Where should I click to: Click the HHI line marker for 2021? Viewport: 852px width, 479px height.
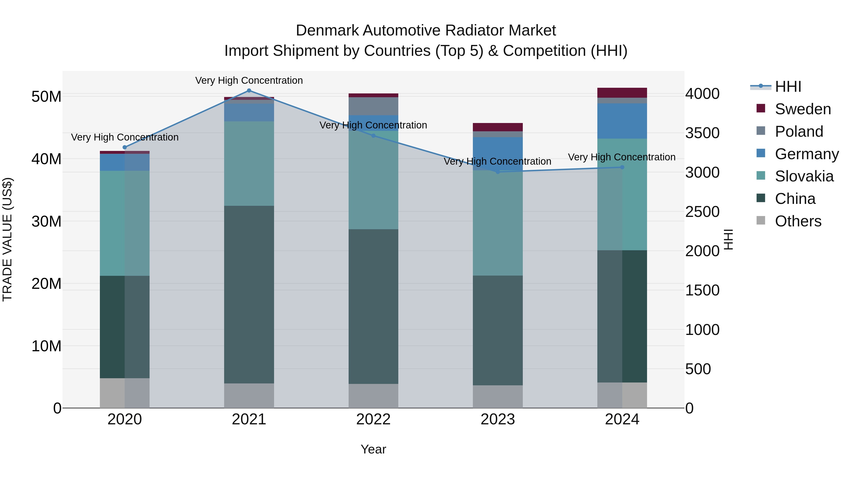point(249,91)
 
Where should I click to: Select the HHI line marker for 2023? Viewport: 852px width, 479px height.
point(498,171)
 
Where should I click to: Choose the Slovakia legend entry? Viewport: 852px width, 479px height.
point(804,176)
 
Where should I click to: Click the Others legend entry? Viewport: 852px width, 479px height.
point(798,221)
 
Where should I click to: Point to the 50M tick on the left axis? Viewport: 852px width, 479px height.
point(46,97)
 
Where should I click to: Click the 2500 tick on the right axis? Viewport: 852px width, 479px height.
point(702,212)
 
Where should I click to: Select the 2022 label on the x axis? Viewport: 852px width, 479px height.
point(373,419)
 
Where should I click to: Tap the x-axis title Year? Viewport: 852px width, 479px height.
point(373,449)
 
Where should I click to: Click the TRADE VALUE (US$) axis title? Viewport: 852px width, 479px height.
point(7,239)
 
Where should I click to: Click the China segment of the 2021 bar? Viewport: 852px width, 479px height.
point(249,294)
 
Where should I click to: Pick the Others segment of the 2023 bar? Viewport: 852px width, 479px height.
point(498,396)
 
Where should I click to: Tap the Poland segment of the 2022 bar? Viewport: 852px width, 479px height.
point(373,106)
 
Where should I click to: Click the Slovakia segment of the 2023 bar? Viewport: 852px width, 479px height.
point(498,223)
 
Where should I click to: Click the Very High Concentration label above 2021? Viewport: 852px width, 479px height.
point(249,80)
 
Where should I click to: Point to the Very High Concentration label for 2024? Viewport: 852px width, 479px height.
point(622,157)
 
